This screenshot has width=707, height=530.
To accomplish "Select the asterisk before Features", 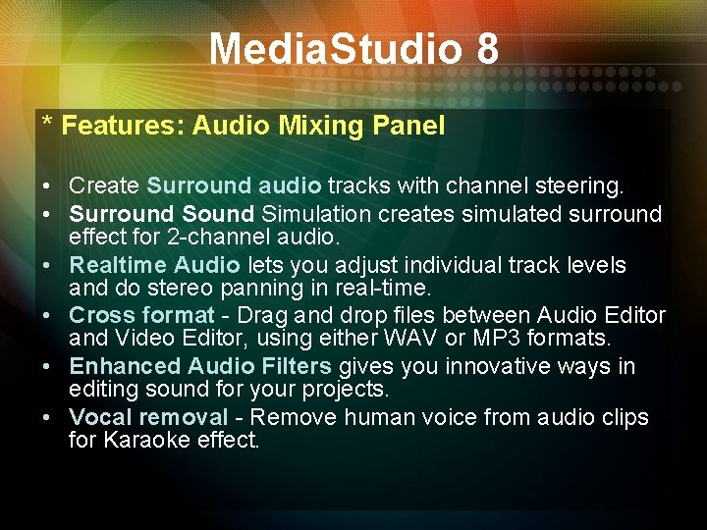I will (47, 124).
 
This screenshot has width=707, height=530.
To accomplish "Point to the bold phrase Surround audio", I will (234, 185).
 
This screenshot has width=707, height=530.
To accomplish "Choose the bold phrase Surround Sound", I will (162, 214).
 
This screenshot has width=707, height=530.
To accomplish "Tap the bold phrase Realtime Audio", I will (155, 265).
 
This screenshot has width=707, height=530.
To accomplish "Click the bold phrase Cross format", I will (141, 316).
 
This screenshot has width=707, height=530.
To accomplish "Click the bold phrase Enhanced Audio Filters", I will (200, 367).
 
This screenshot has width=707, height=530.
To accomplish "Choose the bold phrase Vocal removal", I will (148, 417).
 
